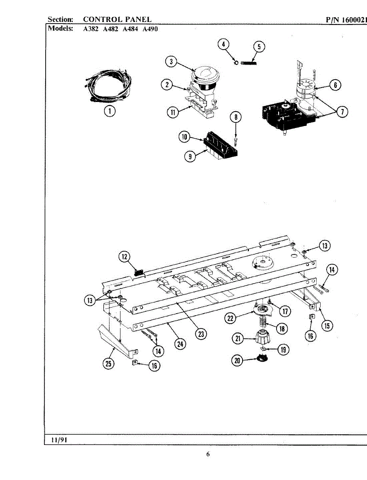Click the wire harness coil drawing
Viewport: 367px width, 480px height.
(108, 86)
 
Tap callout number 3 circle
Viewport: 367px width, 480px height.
(171, 62)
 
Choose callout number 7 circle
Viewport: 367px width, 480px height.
(341, 112)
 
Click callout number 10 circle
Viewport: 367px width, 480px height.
(183, 137)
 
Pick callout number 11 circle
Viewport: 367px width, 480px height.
(172, 112)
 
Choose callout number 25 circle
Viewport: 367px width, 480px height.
(108, 363)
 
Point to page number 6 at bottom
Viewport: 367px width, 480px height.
(208, 454)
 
